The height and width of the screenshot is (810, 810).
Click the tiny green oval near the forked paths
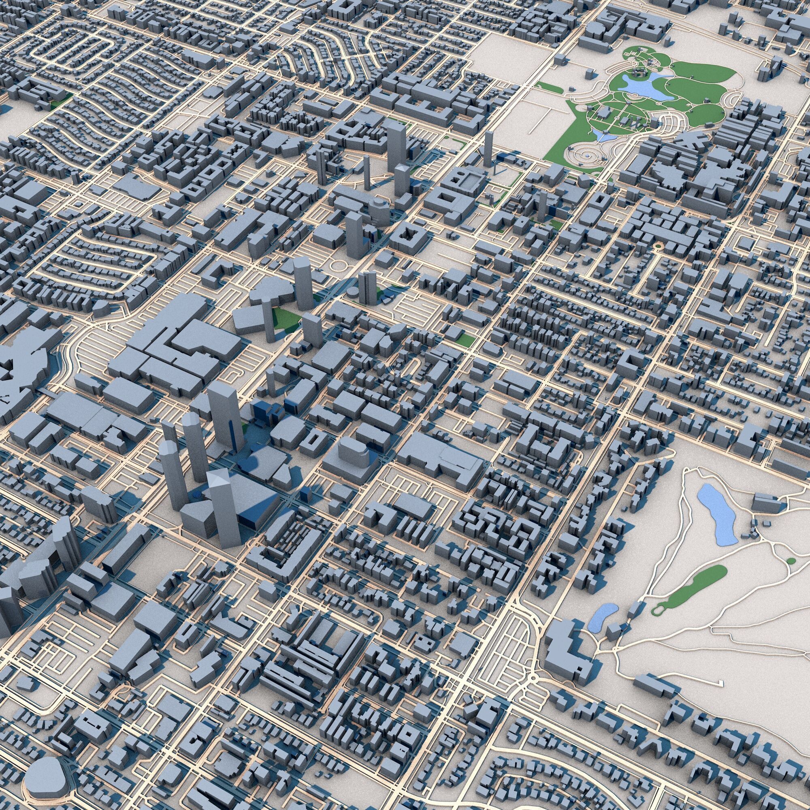791,561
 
